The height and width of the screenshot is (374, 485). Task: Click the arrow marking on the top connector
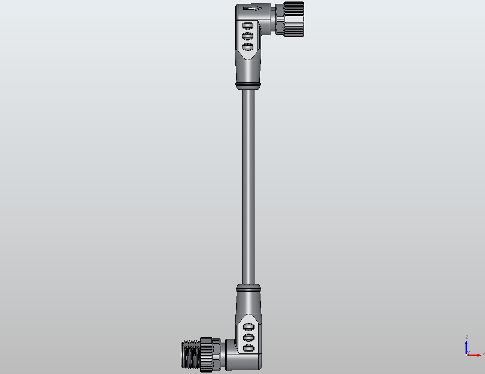252,9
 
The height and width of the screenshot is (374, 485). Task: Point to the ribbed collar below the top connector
248,85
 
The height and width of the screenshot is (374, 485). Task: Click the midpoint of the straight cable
248,187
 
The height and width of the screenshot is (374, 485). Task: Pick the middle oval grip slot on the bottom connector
248,338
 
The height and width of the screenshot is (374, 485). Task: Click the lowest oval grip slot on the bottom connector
248,348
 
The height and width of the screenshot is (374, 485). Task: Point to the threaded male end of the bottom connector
190,354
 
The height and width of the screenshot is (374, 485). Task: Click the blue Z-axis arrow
466,346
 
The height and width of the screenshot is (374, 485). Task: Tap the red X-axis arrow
475,355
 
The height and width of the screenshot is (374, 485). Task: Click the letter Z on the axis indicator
467,337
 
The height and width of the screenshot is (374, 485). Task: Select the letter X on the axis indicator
483,355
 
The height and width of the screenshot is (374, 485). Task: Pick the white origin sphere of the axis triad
466,355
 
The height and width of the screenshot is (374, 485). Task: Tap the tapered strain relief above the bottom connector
248,303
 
